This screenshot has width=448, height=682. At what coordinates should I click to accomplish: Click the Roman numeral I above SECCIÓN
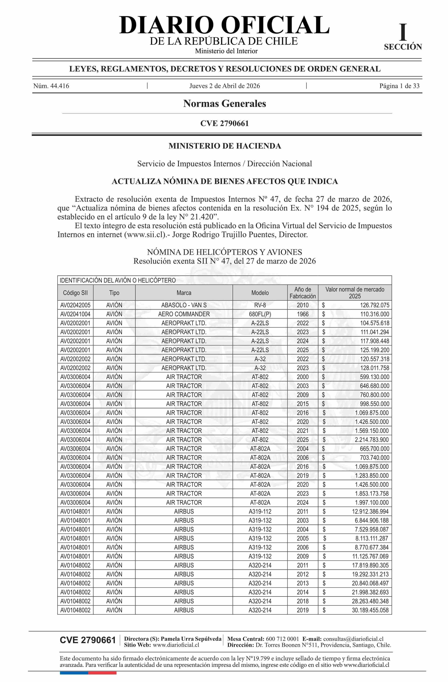(x=403, y=33)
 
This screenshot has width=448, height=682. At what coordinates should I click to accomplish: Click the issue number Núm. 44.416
(x=51, y=86)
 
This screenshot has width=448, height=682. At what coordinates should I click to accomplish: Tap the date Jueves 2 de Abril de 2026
(x=224, y=86)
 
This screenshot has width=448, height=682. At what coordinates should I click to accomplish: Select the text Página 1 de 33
(x=399, y=86)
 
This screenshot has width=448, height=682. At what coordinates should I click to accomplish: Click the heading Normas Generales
(x=224, y=103)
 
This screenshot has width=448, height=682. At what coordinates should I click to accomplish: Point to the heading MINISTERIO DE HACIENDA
(x=224, y=146)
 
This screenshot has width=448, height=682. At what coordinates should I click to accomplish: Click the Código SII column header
(x=75, y=293)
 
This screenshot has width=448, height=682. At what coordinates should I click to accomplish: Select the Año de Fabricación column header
(x=302, y=293)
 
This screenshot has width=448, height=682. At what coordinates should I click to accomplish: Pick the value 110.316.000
(x=375, y=314)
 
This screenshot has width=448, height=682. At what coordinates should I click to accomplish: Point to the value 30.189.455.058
(x=370, y=610)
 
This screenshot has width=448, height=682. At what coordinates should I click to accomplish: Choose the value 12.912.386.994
(x=370, y=511)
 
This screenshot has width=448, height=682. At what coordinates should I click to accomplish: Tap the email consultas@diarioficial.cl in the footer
(x=353, y=639)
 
